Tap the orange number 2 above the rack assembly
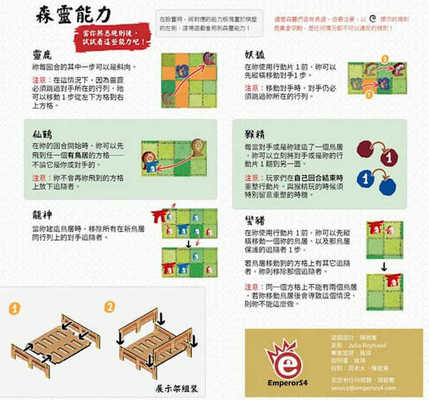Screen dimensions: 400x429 tap(109, 308)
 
